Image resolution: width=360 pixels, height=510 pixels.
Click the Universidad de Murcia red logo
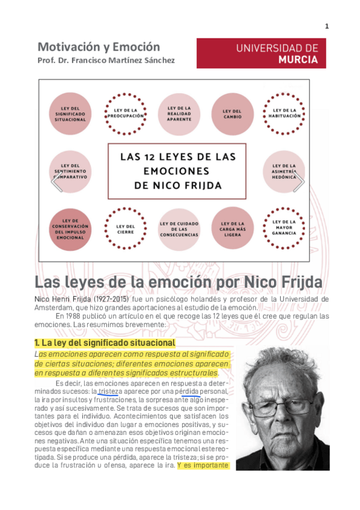coord(261,53)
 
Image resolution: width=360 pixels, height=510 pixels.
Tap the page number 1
coord(326,26)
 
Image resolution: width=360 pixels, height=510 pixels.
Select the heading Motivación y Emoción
coord(99,46)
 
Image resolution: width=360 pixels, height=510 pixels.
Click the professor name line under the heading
coord(106,61)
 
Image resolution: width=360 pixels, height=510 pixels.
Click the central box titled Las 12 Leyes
coord(177,171)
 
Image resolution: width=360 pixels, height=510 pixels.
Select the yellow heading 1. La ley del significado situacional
coord(105,342)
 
